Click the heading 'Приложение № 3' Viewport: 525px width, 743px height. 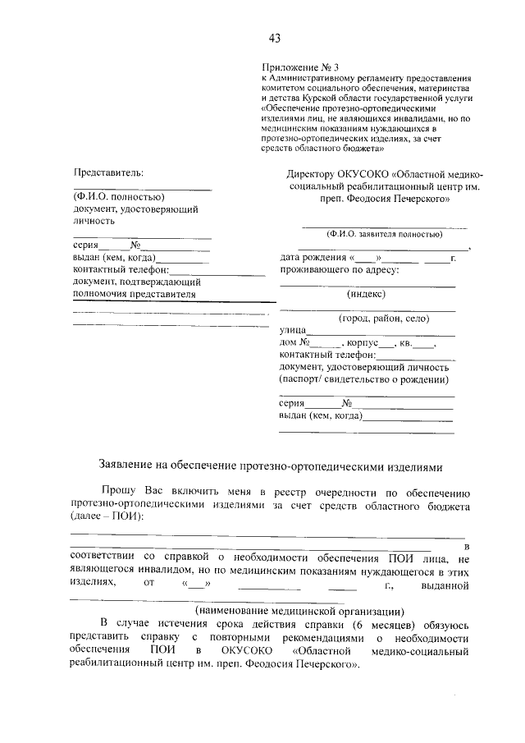[291, 65]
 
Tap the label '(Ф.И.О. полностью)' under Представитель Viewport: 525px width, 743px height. [118, 197]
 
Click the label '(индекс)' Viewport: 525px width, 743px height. [367, 294]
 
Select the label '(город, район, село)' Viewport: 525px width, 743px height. [385, 319]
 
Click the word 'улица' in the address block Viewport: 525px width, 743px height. [293, 331]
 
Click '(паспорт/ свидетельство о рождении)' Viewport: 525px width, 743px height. [364, 379]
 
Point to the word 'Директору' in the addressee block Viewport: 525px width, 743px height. [312, 174]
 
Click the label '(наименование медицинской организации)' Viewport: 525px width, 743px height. [299, 611]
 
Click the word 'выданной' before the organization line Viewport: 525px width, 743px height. [444, 585]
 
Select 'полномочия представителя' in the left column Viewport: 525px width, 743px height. [135, 293]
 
